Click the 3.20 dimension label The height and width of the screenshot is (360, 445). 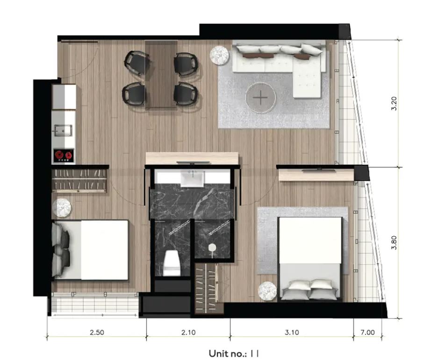[394, 104]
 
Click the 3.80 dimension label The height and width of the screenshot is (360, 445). [394, 243]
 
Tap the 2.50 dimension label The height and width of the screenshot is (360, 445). [97, 332]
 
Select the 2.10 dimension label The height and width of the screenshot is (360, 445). [188, 332]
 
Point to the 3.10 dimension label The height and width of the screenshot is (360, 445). [292, 332]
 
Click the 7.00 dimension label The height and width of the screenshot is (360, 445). [368, 332]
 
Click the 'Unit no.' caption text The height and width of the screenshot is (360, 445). [228, 353]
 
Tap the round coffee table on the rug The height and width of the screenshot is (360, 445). [260, 98]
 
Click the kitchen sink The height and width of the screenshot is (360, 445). [63, 130]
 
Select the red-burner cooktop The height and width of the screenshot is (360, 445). [64, 155]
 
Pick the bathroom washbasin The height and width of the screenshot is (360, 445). [192, 178]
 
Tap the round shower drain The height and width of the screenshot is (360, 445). [212, 248]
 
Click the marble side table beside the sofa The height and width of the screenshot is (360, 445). [219, 55]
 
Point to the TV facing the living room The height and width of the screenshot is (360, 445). [193, 162]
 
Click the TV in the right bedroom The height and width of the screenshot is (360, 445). [318, 170]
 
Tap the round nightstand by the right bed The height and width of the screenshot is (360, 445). [267, 290]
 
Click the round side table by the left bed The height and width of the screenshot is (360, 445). [62, 208]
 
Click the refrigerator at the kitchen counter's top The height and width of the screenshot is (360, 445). [64, 97]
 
